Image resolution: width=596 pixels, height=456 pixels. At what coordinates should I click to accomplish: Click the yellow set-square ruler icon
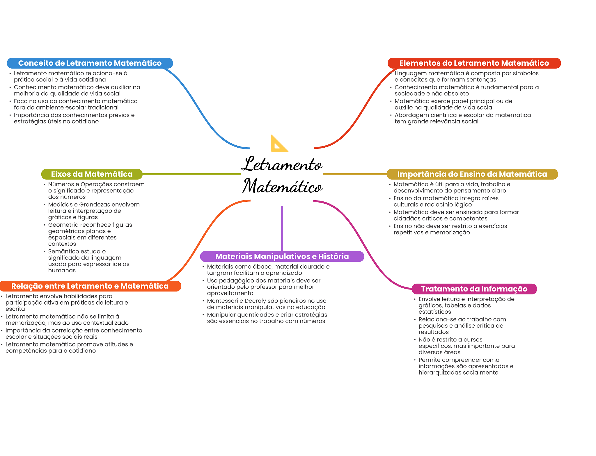tap(279, 144)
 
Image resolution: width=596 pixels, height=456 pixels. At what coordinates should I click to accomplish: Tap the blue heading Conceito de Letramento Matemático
tap(90, 63)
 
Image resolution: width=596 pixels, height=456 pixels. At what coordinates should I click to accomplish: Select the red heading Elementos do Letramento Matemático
tap(474, 63)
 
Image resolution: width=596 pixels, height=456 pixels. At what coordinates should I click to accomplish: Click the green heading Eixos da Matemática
tap(92, 174)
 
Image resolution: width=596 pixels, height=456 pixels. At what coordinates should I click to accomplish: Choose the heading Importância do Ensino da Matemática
tap(472, 174)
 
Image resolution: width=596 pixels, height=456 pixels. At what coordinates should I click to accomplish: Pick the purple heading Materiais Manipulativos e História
tap(282, 256)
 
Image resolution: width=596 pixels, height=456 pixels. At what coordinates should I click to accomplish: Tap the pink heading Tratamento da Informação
tap(474, 289)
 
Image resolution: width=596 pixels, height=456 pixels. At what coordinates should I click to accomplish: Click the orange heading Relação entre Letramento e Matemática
tap(90, 286)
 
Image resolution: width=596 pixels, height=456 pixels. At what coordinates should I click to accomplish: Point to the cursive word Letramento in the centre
tap(282, 164)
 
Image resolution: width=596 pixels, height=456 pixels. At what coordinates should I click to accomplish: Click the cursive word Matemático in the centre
tap(282, 186)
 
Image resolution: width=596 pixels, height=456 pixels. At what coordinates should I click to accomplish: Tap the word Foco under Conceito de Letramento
tap(20, 101)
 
